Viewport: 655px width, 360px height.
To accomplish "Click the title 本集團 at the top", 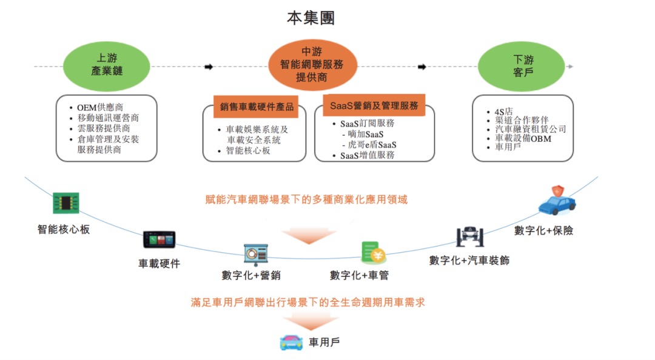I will [x=311, y=18].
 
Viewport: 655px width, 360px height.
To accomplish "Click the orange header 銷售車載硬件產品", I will [x=257, y=107].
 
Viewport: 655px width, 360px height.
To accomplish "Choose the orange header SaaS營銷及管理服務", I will [x=374, y=105].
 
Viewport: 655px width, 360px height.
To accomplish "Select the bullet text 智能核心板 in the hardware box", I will [x=248, y=151].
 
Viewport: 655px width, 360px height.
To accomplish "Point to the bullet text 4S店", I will [x=504, y=112].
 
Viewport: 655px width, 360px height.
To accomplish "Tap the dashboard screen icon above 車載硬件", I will [x=158, y=239].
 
